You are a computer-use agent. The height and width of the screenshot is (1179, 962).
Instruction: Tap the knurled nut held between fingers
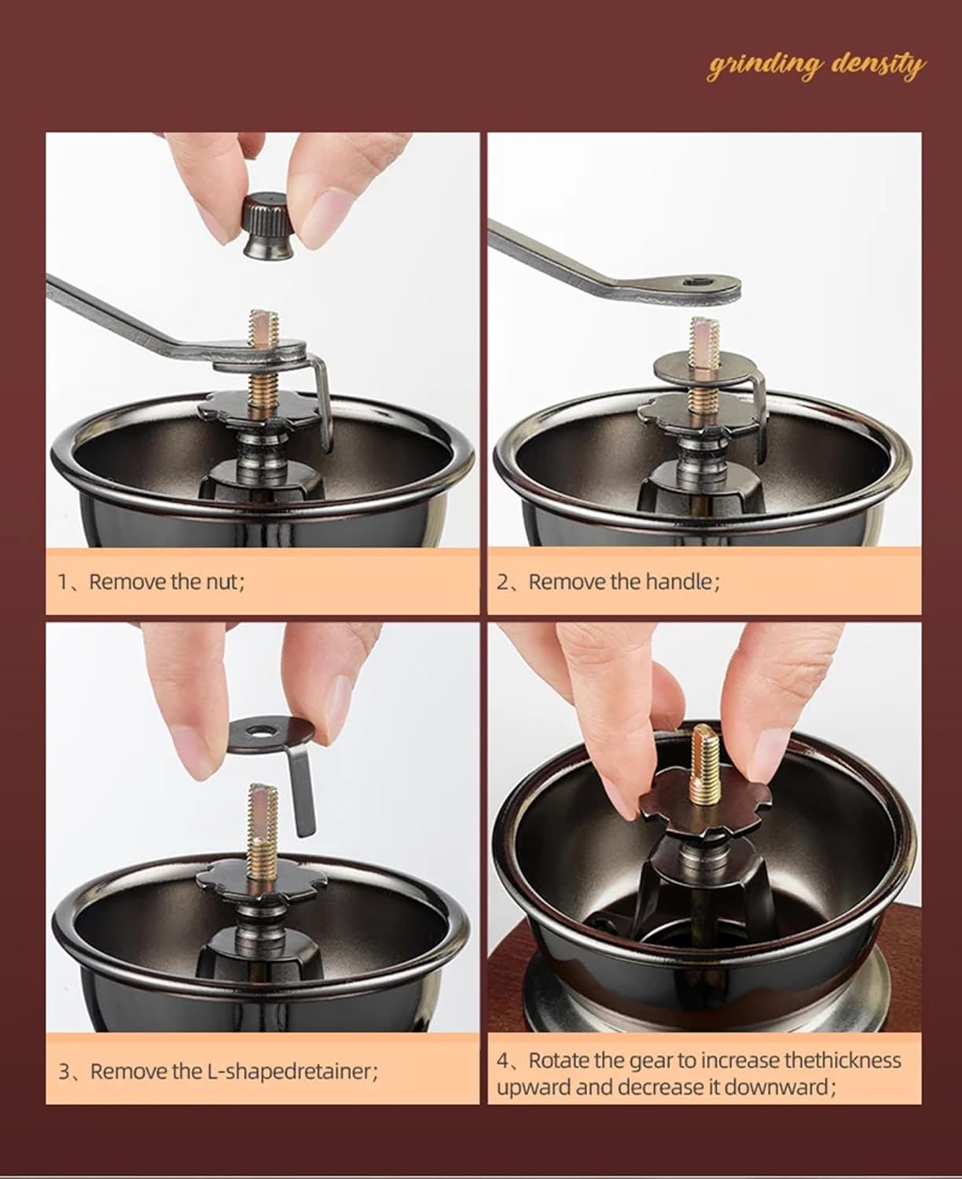click(x=268, y=226)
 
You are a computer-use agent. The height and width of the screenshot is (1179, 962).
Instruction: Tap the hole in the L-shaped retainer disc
click(x=258, y=731)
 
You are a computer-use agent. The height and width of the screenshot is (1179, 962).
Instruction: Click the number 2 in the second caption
click(x=502, y=582)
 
